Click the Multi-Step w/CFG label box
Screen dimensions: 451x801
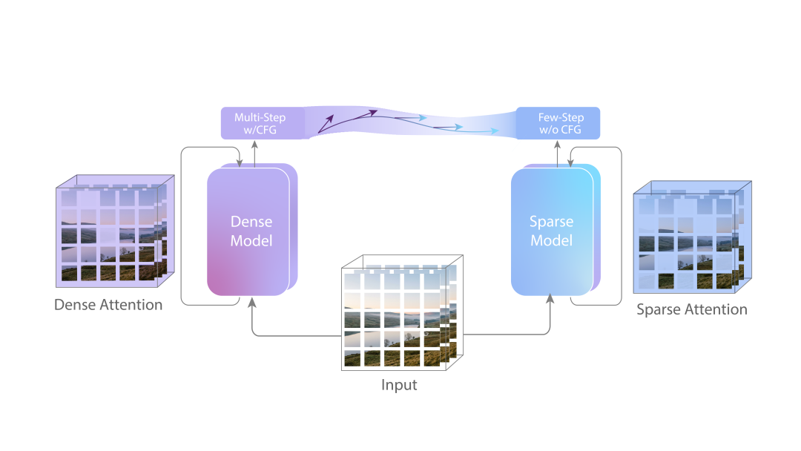coord(260,124)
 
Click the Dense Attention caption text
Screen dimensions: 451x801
coord(108,304)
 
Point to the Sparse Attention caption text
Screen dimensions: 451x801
coord(692,309)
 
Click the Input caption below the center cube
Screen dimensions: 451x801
coord(399,385)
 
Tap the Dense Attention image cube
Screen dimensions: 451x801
coord(111,234)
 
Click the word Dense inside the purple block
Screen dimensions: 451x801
coord(251,222)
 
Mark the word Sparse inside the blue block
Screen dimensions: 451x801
coord(551,222)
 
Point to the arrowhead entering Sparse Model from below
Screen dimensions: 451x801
coord(550,298)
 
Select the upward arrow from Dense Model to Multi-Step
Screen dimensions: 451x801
coord(254,154)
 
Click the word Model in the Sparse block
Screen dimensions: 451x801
coord(552,241)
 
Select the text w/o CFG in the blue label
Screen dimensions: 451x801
coord(561,131)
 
